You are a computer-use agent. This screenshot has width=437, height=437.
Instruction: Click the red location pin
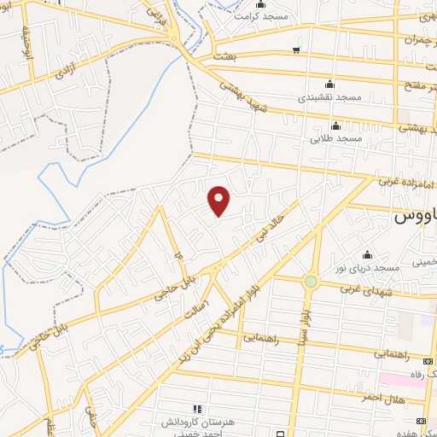219,201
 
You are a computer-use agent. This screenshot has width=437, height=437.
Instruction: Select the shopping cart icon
295,50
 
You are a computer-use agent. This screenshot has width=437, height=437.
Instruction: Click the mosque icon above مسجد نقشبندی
330,84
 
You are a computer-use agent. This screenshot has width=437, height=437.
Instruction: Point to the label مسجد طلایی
338,137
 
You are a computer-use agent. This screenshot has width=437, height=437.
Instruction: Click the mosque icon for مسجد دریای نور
368,253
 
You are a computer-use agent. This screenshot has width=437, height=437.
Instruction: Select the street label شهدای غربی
364,288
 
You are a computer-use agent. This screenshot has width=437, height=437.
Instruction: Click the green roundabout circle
311,281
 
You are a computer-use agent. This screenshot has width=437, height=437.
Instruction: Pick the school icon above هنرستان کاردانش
196,410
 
